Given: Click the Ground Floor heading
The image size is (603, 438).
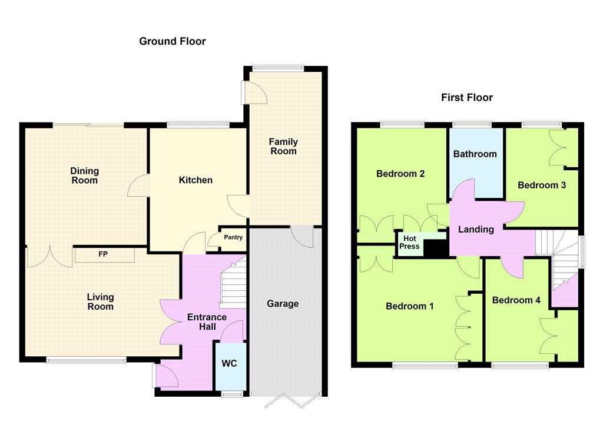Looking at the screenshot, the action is pos(173,41).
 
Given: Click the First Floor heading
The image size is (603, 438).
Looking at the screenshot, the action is pos(467,97).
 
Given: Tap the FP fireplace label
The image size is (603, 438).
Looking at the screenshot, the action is pos(103,254).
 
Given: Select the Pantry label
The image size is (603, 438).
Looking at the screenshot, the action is pos(233,237).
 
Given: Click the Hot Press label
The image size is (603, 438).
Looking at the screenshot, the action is pos(409,243).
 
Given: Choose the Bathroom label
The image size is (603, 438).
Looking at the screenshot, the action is pos(475,154).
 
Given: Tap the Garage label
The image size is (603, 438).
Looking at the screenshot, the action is pos(283,304).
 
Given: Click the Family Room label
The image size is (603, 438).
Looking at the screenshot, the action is pos(283,147).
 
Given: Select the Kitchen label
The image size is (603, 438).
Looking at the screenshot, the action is pos(196,180).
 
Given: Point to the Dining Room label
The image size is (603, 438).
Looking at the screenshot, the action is pos(85,176).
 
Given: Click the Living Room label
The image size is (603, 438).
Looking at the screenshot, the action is pos(100,302).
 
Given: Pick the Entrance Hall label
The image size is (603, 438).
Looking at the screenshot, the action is pos(207,322).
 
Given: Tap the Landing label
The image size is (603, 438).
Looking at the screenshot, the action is pos(476,230).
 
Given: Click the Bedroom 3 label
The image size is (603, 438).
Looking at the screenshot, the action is pos(542,185).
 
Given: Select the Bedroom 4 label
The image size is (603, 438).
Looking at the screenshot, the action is pos(516,300).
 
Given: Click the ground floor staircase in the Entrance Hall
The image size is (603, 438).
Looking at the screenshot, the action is pos(233,284).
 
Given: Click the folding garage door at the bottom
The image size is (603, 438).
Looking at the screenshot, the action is pos(293,400).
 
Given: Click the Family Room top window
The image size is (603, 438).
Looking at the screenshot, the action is pos(278,68).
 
